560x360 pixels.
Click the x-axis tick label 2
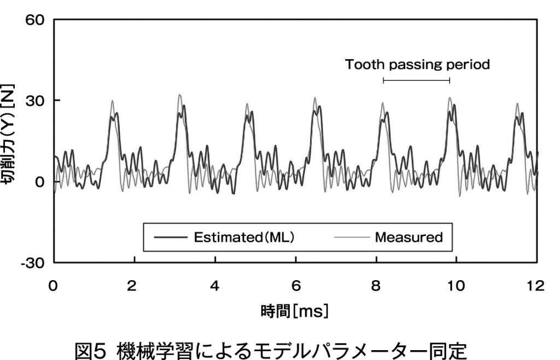[x=134, y=285]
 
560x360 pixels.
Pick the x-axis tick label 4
[x=215, y=285]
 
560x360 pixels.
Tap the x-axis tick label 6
[x=296, y=285]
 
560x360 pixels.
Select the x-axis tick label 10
[x=457, y=285]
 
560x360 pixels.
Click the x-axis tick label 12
[x=537, y=285]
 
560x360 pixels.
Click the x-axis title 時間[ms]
[x=294, y=312]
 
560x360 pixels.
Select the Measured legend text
[x=409, y=237]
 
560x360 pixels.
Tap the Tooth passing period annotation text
[x=417, y=65]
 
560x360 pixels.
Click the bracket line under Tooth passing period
[x=416, y=80]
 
